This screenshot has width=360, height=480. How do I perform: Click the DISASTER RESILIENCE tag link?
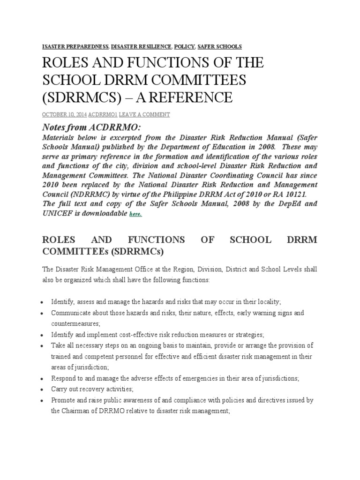pos(141,46)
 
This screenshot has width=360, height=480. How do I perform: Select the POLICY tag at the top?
pos(184,46)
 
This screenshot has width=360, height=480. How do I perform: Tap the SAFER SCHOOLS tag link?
pos(219,46)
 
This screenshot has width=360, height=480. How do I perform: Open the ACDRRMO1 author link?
pos(103,114)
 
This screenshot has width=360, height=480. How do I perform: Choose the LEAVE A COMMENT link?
pos(144,114)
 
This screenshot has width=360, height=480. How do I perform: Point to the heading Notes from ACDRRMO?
pos(86,128)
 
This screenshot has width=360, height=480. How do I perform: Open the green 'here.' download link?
pos(135,214)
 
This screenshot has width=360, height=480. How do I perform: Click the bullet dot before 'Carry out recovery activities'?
pos(43,390)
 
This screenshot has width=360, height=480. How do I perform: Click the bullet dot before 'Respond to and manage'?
pos(43,379)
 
